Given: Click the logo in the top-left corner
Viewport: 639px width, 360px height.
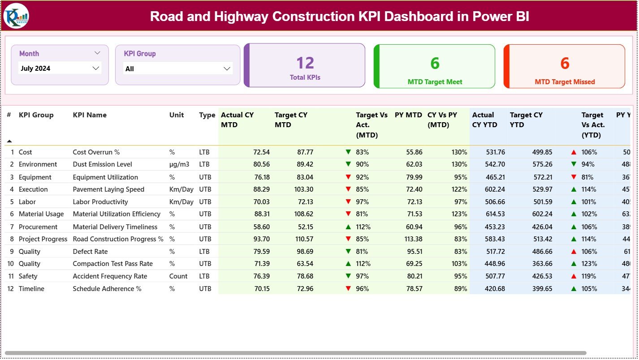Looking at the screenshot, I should click(x=16, y=16).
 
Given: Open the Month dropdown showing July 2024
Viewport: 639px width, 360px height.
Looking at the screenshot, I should click(x=60, y=69).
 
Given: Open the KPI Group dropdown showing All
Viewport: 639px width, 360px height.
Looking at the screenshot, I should click(x=178, y=69).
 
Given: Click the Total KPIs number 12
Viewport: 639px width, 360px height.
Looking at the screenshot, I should click(x=305, y=63).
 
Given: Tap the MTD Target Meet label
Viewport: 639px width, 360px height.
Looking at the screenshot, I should click(x=435, y=82).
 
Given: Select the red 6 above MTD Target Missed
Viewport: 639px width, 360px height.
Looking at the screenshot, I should click(x=565, y=64).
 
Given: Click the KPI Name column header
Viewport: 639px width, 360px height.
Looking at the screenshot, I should click(x=90, y=115).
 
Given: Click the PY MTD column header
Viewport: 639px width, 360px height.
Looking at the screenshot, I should click(x=408, y=115).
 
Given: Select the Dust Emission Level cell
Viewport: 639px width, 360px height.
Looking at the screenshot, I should click(x=103, y=164).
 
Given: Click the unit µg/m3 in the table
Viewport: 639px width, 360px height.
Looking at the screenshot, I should click(x=179, y=164).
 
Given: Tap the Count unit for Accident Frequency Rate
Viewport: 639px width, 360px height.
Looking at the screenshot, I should click(x=178, y=276).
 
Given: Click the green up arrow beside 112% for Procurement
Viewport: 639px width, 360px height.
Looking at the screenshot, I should click(x=348, y=227).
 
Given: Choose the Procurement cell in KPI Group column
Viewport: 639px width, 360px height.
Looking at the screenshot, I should click(x=38, y=227).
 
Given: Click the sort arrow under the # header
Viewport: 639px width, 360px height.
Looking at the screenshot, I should click(x=9, y=141).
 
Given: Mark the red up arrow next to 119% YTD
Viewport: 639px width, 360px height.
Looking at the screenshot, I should click(x=574, y=276).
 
